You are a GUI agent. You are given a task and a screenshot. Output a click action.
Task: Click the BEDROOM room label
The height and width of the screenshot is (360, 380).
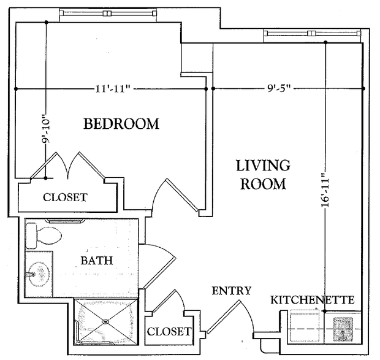click(x=121, y=124)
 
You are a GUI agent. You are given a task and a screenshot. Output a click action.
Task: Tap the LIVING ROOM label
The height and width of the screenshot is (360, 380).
click(x=263, y=174)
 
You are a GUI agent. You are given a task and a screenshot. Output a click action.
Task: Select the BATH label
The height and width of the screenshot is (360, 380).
click(x=97, y=261)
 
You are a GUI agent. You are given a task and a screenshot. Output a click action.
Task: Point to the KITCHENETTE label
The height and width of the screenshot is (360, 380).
click(x=313, y=300)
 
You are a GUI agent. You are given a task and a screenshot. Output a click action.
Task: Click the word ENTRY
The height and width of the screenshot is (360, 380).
click(x=232, y=291)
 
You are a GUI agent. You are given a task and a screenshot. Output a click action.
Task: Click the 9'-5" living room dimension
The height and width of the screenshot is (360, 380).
click(x=279, y=89)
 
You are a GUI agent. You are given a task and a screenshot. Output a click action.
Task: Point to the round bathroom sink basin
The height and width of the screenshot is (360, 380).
click(x=39, y=274)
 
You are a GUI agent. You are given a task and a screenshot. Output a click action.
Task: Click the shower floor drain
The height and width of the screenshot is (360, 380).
click(x=105, y=322)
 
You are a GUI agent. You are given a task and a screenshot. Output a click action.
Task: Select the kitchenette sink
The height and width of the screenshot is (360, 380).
click(x=343, y=330)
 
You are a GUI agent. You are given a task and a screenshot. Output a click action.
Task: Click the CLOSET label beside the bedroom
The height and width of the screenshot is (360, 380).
click(x=65, y=197)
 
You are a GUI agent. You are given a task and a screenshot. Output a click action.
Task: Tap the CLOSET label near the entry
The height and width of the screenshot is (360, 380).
click(x=169, y=331)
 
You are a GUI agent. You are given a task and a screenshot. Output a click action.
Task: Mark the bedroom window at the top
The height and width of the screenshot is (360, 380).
click(x=108, y=13)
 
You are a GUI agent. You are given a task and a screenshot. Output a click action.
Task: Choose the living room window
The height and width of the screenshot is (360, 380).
click(x=312, y=33)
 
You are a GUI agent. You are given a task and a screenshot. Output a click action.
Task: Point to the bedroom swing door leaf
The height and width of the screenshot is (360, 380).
click(x=182, y=195)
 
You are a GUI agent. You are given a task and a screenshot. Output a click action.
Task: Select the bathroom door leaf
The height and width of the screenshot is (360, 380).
click(x=159, y=273)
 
